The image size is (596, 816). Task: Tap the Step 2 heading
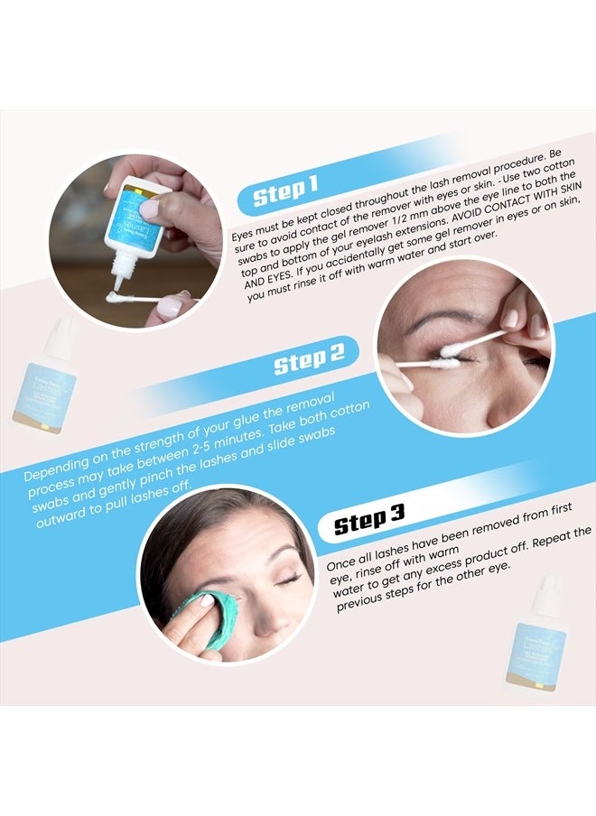pyautogui.click(x=310, y=363)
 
